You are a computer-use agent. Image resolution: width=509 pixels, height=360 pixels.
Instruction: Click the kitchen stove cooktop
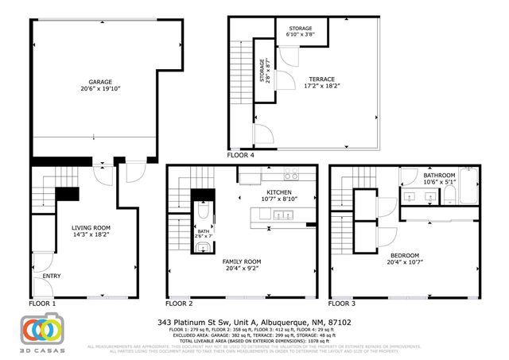[291, 175]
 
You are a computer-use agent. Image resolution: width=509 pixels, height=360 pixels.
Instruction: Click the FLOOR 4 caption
[241, 156]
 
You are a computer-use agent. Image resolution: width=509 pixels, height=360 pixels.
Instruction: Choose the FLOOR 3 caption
[344, 304]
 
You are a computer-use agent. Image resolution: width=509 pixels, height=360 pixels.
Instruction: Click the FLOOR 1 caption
[42, 304]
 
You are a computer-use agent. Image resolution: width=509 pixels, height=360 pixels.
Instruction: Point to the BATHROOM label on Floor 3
[438, 175]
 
